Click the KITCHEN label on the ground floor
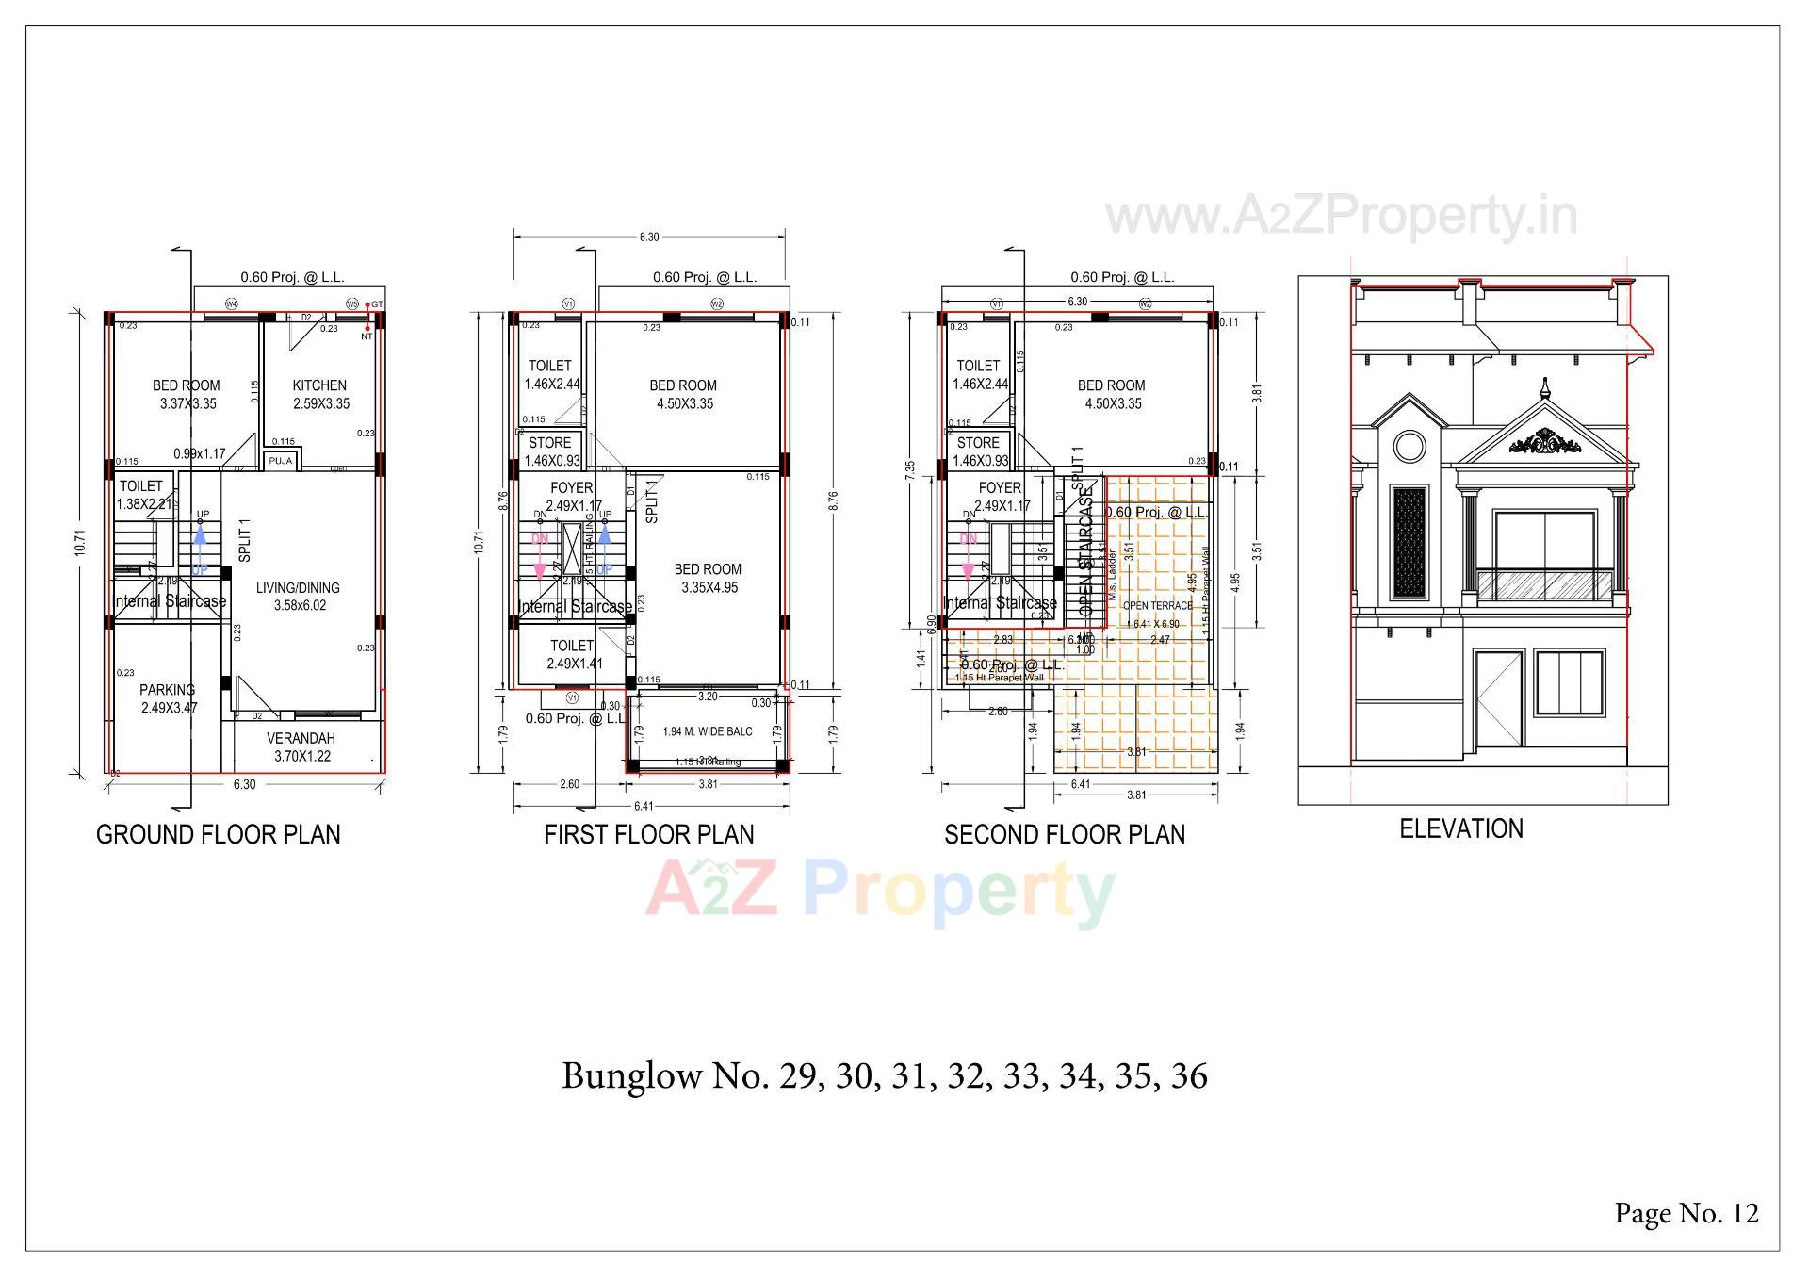(319, 385)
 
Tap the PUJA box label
(280, 461)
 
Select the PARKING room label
(168, 690)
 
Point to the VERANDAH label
(301, 739)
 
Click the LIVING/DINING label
(298, 588)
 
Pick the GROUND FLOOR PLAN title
(219, 834)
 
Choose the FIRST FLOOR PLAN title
(649, 834)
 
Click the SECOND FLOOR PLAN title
(1065, 834)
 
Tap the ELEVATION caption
(1461, 829)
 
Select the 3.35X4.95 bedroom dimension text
(709, 588)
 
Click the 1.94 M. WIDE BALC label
(708, 731)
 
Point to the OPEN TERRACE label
(1158, 606)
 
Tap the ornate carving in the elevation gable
(1545, 442)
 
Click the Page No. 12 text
(1687, 1213)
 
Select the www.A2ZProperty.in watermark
(1341, 216)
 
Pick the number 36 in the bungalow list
(1189, 1076)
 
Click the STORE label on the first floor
(549, 443)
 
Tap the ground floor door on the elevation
(1499, 698)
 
